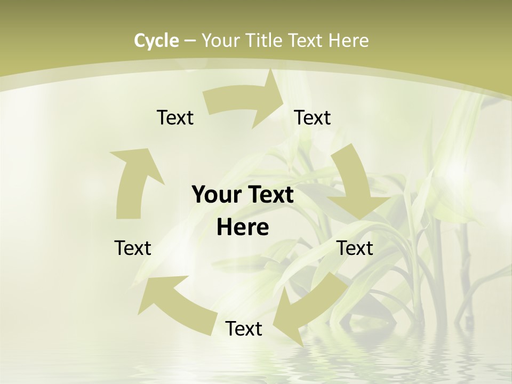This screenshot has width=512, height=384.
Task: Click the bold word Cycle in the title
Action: point(156,41)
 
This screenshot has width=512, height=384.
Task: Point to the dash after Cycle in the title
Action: point(190,41)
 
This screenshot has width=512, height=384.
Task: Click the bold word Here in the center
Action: point(243,228)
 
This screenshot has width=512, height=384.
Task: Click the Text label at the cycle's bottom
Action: point(244,329)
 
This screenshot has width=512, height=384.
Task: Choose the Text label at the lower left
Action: point(133,248)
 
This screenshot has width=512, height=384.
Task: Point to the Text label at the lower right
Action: point(355,248)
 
